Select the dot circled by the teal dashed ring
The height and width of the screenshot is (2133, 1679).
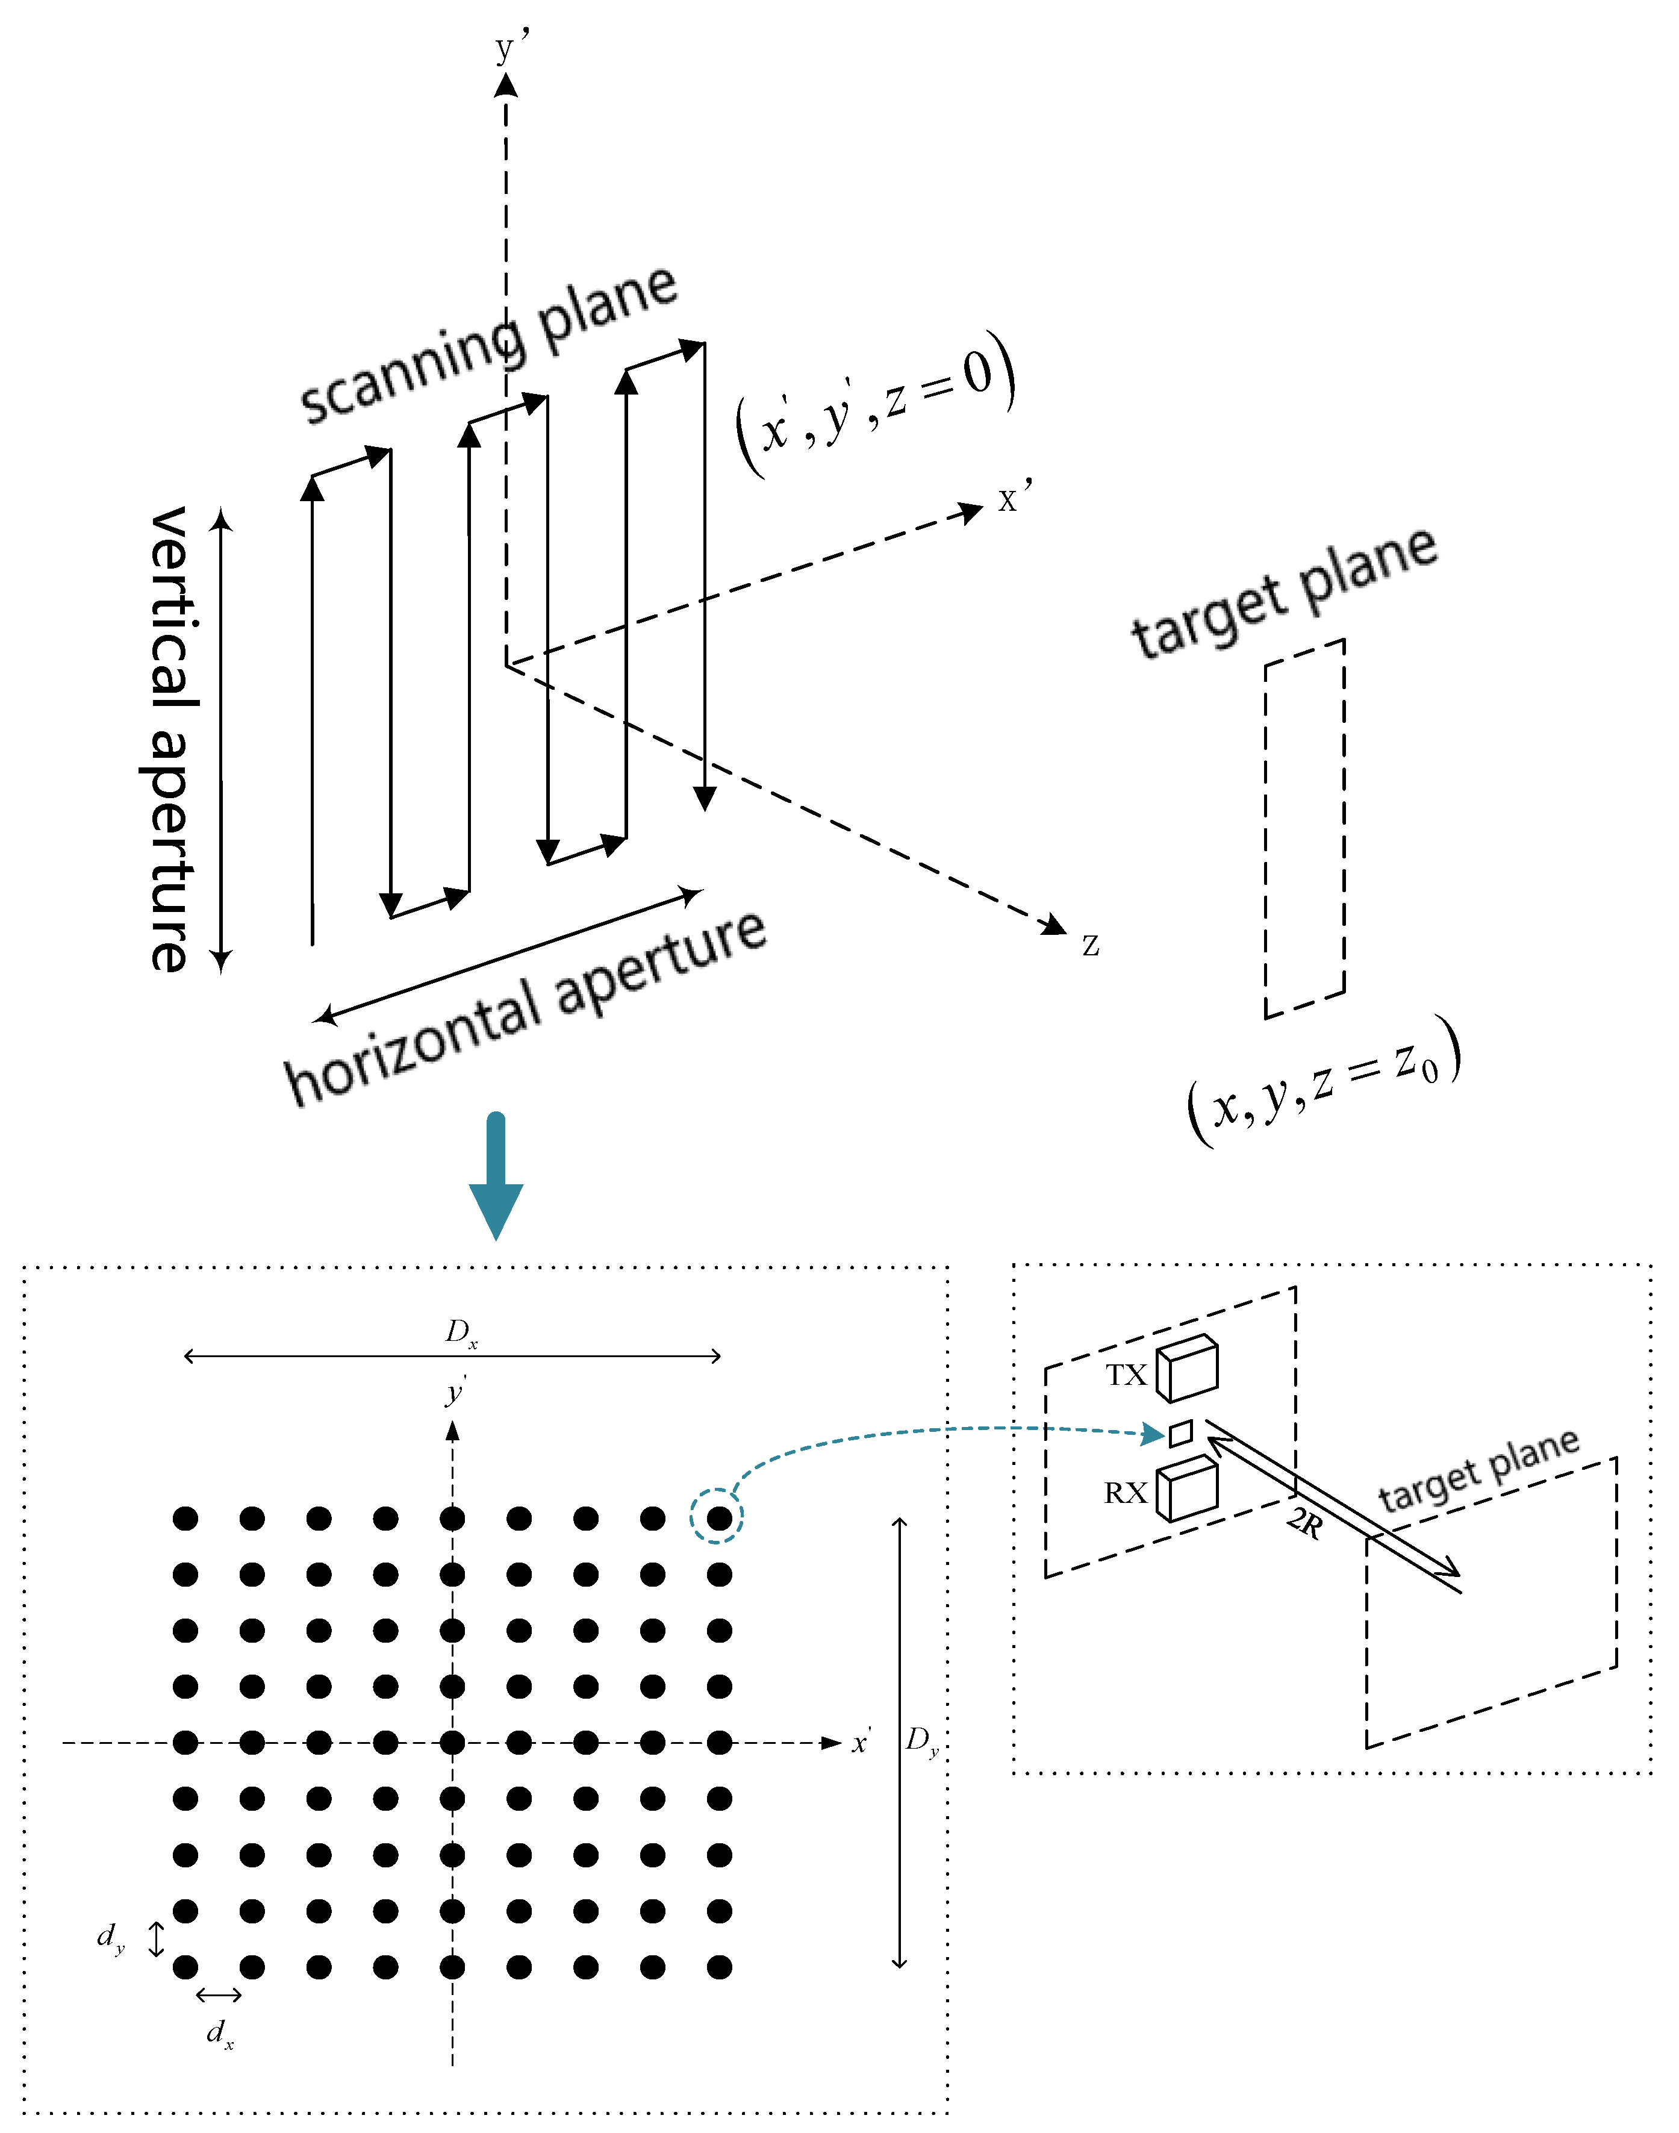tap(720, 1519)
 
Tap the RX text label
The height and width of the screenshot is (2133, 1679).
tap(1126, 1493)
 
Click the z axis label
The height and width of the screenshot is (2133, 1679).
tap(1090, 945)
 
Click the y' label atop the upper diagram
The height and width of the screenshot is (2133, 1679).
tap(510, 46)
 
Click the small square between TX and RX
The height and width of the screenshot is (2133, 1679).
tap(1180, 1434)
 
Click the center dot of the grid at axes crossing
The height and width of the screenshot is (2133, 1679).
tap(452, 1743)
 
